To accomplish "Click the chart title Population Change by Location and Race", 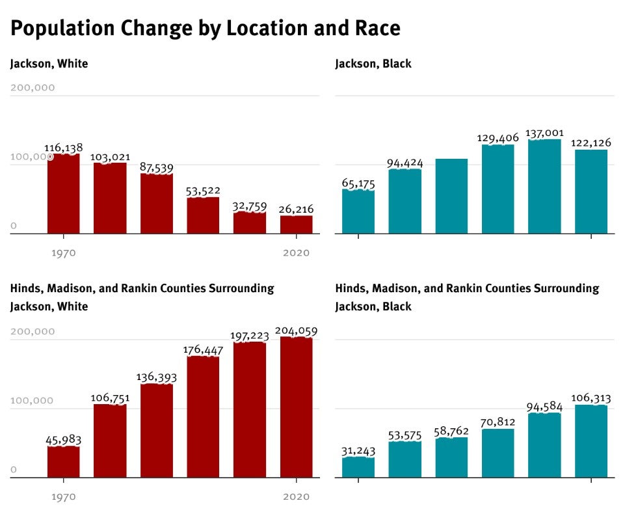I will [x=205, y=29].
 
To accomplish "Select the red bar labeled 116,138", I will [x=63, y=193].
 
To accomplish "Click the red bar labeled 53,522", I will [x=203, y=215].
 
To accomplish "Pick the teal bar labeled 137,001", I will [x=544, y=186].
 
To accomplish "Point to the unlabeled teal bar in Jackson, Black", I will [x=451, y=196].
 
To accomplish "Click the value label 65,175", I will [x=358, y=184].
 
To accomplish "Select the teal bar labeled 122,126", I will [x=591, y=191].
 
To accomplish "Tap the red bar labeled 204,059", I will [x=296, y=407].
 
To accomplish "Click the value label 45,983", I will [x=63, y=440].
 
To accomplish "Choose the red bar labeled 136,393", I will [x=157, y=430].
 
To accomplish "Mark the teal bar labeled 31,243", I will [x=358, y=467].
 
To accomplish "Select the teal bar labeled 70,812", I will [x=498, y=453].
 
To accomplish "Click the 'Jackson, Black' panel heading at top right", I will [x=373, y=64].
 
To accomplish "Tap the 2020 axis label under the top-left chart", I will [x=296, y=252].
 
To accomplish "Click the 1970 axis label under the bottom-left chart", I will [x=63, y=497].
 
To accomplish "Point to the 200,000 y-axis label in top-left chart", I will [x=33, y=88].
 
